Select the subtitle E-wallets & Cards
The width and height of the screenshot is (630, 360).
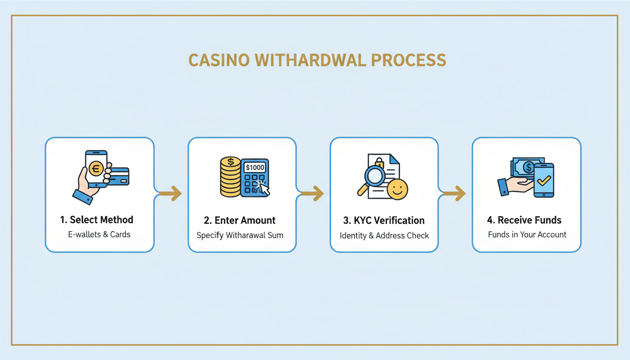(x=99, y=234)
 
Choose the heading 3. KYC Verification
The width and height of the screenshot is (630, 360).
(x=384, y=220)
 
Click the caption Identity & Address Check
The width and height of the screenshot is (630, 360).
(x=384, y=235)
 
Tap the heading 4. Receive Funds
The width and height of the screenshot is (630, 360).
(x=526, y=220)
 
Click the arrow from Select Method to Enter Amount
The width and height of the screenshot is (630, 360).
(x=170, y=193)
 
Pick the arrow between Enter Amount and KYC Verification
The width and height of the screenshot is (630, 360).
(x=312, y=193)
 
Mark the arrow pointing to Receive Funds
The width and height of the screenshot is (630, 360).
(x=454, y=193)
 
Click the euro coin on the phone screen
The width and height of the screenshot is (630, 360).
(x=96, y=167)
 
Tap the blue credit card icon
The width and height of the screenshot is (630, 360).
(x=119, y=176)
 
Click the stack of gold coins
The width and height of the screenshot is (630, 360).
(x=230, y=178)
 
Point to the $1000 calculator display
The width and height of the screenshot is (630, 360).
(x=255, y=167)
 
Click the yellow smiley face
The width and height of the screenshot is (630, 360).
(x=397, y=189)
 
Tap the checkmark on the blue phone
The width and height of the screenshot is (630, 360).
(x=544, y=180)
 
